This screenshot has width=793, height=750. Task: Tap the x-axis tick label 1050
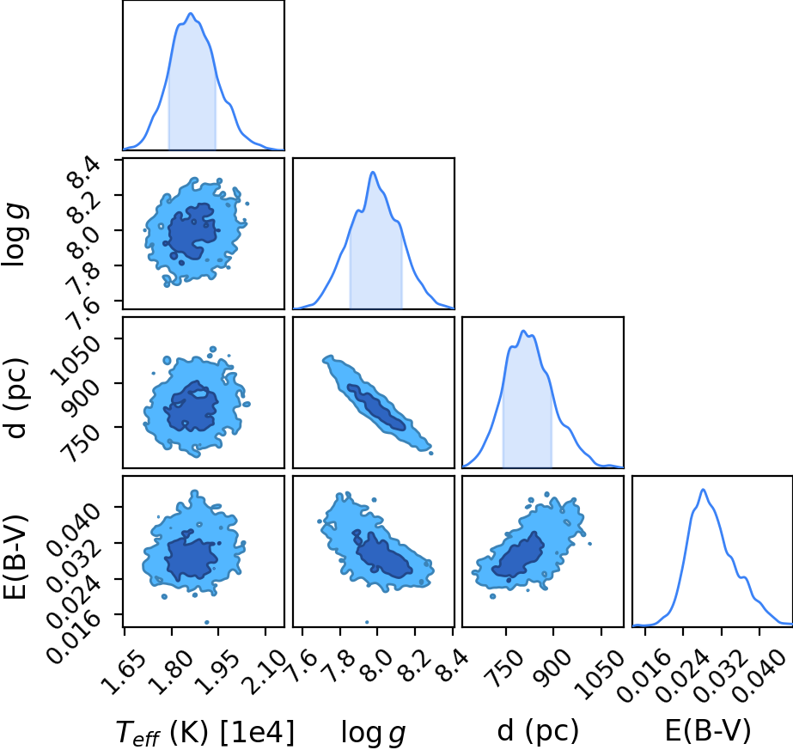tap(600, 668)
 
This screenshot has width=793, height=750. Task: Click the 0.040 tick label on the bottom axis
tap(759, 674)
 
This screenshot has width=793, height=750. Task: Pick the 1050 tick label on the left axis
tap(75, 360)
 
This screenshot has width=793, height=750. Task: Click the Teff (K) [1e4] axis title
tap(204, 732)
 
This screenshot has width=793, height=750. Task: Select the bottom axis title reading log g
tap(373, 733)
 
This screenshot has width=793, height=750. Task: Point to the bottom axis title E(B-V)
tap(708, 731)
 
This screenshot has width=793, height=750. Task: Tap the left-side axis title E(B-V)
tap(15, 557)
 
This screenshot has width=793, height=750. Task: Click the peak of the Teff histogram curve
tap(191, 14)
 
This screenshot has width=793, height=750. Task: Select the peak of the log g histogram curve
tap(373, 173)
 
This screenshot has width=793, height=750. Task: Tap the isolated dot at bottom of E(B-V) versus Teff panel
tap(206, 623)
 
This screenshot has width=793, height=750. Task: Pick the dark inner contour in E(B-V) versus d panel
tap(518, 554)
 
